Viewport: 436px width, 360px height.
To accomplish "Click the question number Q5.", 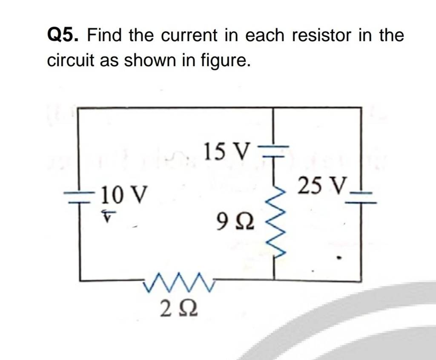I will click(62, 35).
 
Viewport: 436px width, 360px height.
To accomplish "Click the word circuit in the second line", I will click(70, 60).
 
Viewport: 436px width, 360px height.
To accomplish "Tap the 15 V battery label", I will click(224, 152).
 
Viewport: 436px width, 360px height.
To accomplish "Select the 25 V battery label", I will click(321, 185).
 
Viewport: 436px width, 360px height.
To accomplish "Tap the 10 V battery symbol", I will click(80, 197).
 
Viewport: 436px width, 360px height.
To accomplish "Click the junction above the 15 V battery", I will click(272, 108).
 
